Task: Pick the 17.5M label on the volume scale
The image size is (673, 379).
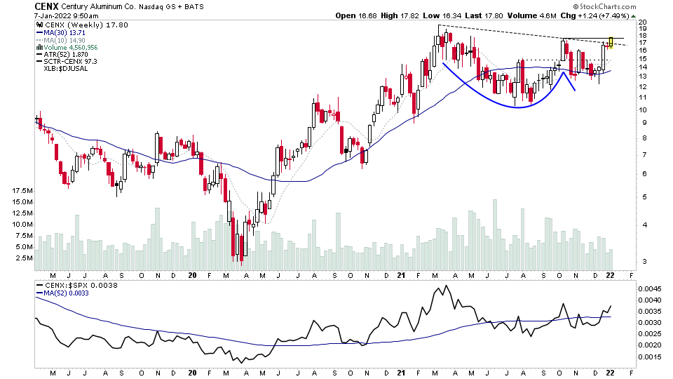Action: click(x=22, y=191)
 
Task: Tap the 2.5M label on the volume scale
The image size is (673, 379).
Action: click(x=23, y=258)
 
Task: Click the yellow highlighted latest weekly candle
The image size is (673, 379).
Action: click(x=611, y=42)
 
